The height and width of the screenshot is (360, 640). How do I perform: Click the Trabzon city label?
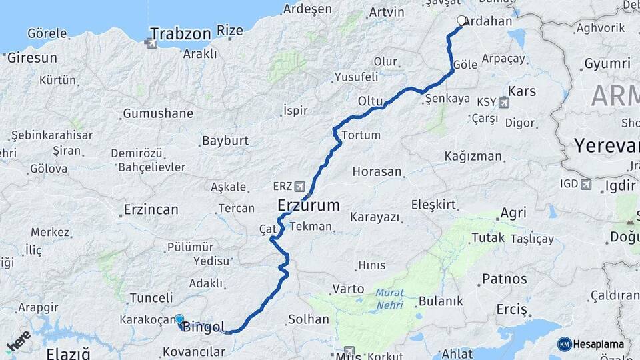(x=180, y=33)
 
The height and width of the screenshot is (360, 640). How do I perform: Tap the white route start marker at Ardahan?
(x=461, y=21)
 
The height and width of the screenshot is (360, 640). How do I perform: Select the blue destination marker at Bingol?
(x=179, y=319)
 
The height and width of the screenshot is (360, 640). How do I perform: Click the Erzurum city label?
(x=308, y=205)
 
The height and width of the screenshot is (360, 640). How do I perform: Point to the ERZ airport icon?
(x=300, y=186)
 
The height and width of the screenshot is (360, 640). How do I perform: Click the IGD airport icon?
(x=585, y=185)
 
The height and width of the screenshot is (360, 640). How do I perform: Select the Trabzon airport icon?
(x=151, y=43)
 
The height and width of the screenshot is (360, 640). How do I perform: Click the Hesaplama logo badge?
(x=591, y=344)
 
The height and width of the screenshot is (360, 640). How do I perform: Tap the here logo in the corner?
(x=18, y=341)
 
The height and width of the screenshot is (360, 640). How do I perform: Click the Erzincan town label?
(x=151, y=210)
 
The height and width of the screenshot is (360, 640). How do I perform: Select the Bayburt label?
(x=225, y=141)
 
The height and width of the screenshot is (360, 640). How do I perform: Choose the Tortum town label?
(x=361, y=135)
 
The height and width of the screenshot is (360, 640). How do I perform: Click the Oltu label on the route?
(x=371, y=101)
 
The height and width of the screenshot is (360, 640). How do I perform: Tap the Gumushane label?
(x=157, y=113)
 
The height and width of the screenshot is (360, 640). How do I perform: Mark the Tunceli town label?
(x=151, y=297)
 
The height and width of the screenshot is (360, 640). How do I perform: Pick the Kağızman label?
(x=473, y=157)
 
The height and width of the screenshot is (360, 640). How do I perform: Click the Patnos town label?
(x=505, y=279)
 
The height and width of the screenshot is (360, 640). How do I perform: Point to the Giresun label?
(x=32, y=58)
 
